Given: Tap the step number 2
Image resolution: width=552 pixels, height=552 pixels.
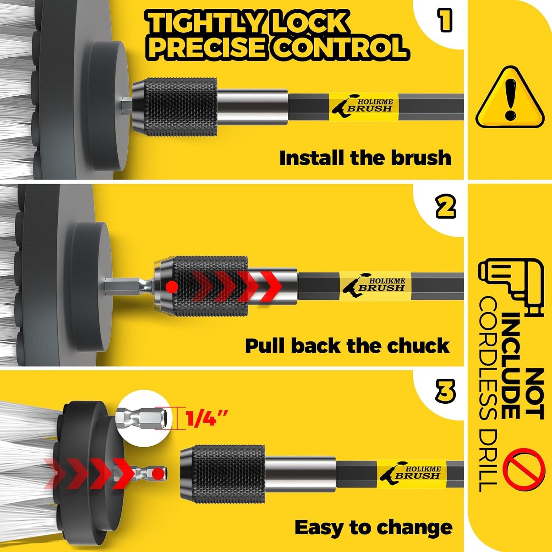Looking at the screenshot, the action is [445, 207].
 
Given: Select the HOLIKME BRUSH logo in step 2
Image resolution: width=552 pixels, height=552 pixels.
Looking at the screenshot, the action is [375, 284].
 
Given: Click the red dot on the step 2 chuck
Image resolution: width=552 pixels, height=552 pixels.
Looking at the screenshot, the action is [172, 286].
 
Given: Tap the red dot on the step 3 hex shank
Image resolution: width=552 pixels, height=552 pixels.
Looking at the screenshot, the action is [158, 473].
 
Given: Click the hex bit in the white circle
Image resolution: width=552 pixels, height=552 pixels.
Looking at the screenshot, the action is [144, 418].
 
